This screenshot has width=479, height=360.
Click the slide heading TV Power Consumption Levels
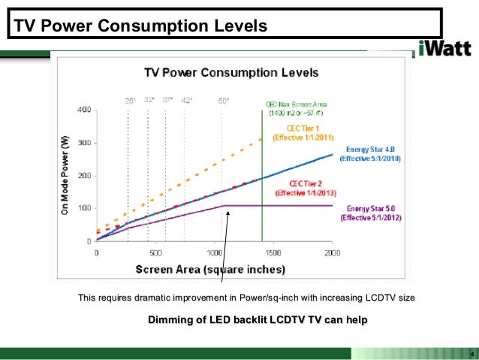(139, 27)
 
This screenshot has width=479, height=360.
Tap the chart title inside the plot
(231, 73)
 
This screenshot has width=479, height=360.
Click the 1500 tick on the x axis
(273, 253)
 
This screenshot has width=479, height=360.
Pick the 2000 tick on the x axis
(331, 253)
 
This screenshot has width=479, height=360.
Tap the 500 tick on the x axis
(155, 253)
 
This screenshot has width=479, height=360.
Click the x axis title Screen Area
(210, 268)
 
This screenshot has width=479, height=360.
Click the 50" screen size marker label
(224, 99)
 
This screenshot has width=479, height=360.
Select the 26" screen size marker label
(129, 99)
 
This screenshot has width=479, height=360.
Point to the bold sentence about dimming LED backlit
(258, 320)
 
